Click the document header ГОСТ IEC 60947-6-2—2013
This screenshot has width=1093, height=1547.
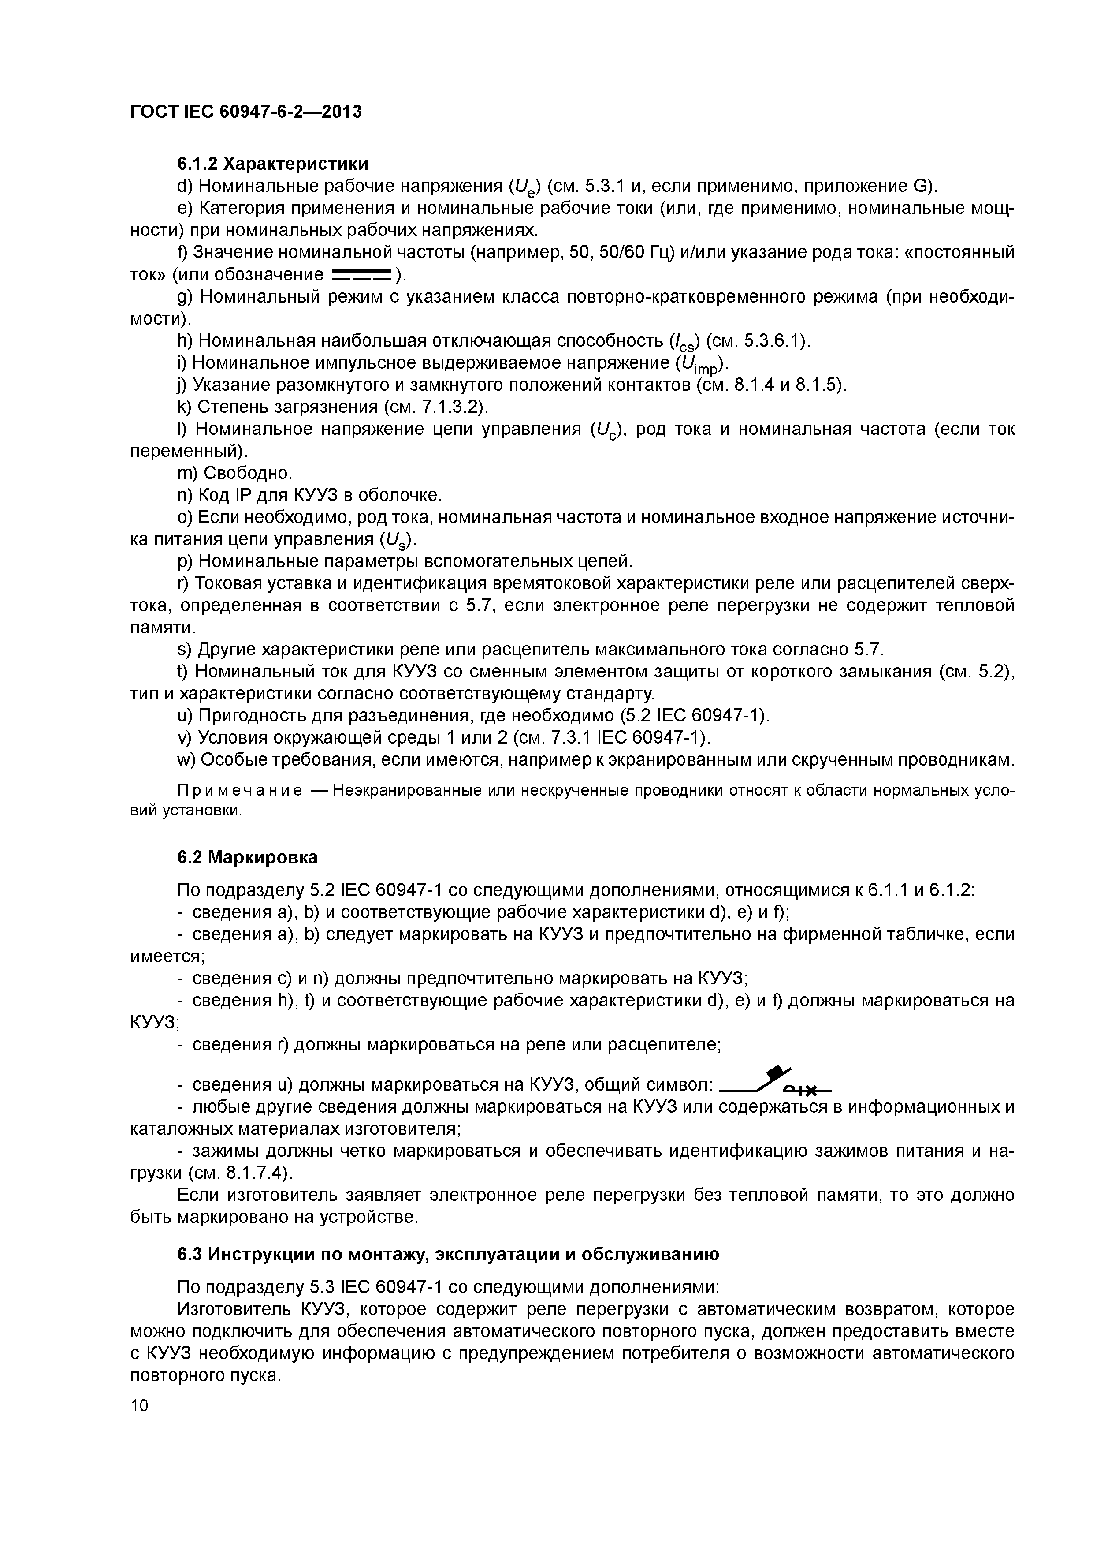(x=246, y=111)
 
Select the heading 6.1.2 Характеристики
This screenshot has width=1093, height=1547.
(x=273, y=164)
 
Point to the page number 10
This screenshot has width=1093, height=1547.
(x=139, y=1405)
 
